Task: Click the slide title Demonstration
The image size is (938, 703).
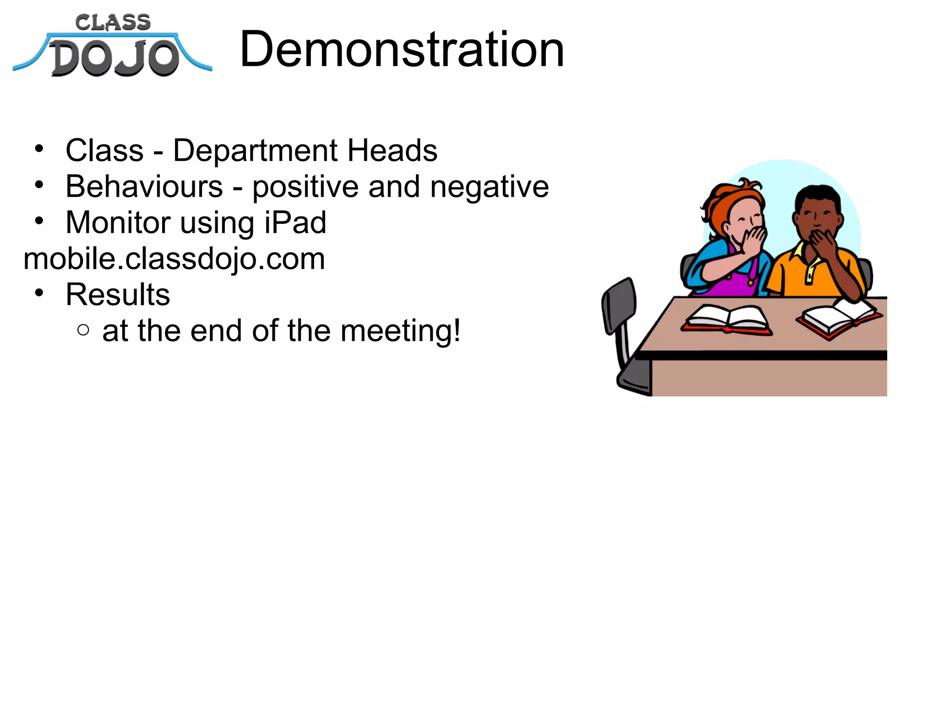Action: [402, 49]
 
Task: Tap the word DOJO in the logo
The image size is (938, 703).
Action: [115, 58]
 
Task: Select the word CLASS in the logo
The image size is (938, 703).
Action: [113, 22]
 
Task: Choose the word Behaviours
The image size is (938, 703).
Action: [144, 187]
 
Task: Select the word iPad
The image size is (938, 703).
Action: [295, 222]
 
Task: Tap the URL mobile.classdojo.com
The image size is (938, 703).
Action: [174, 259]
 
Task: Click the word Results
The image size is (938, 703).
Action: [118, 294]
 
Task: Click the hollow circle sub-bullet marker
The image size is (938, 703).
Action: [83, 330]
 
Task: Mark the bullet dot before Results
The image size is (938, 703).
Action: [39, 292]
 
